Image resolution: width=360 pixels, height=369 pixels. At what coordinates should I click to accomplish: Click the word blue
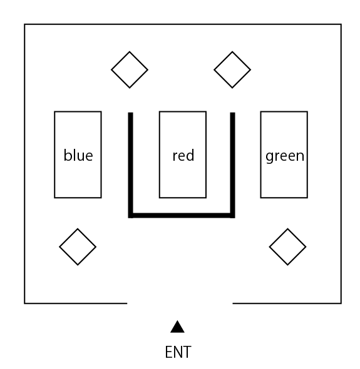click(78, 155)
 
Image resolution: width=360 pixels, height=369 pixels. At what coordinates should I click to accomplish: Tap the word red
click(183, 155)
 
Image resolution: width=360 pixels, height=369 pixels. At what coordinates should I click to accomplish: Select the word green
click(285, 156)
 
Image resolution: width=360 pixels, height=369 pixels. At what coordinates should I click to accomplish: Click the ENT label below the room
click(178, 352)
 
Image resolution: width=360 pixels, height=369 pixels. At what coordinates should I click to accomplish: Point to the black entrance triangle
click(177, 326)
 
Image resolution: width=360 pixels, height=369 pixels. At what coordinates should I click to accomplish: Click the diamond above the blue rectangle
click(130, 69)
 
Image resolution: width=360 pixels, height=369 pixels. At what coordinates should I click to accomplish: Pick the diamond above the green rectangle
click(232, 69)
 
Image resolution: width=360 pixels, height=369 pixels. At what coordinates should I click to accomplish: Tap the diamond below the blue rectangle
click(78, 247)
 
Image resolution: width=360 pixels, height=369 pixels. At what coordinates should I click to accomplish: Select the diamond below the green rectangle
click(287, 247)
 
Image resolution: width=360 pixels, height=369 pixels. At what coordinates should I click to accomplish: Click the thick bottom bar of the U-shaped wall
click(182, 215)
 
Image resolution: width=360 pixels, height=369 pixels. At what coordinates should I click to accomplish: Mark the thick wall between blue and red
click(130, 165)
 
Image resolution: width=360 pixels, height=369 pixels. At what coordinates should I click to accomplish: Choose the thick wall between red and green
click(232, 165)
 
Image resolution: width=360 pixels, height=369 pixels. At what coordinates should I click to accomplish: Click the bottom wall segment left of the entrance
click(76, 303)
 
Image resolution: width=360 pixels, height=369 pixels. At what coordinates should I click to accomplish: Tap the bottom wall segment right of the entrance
click(287, 303)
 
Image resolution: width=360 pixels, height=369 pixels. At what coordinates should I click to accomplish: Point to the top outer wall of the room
click(183, 24)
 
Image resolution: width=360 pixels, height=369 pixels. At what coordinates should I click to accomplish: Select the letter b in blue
click(68, 155)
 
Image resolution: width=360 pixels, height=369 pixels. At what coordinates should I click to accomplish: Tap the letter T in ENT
click(187, 352)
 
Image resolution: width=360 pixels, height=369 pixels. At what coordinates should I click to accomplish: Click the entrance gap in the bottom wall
click(180, 303)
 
